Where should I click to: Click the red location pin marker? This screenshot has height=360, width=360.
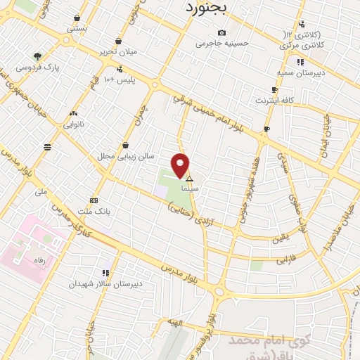click(181, 165)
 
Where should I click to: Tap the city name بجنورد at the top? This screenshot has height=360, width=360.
click(206, 8)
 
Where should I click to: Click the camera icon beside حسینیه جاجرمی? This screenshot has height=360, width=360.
click(222, 32)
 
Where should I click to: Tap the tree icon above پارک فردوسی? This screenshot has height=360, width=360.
click(37, 56)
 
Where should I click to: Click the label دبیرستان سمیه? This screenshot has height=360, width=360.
click(294, 72)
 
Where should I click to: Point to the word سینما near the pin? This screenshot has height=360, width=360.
click(189, 190)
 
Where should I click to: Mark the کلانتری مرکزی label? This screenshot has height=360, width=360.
click(295, 45)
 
